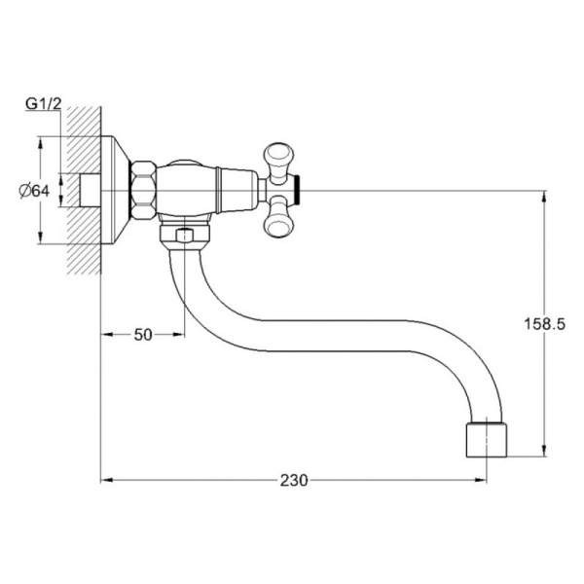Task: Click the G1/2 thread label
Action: (x=43, y=104)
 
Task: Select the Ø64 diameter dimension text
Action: (x=34, y=191)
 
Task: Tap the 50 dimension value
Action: (x=143, y=335)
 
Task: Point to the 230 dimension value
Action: (x=294, y=481)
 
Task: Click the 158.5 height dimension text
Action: (x=545, y=324)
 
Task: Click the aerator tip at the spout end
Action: (x=487, y=440)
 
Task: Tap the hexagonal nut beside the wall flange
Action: (x=143, y=190)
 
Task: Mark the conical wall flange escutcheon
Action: (x=115, y=191)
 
